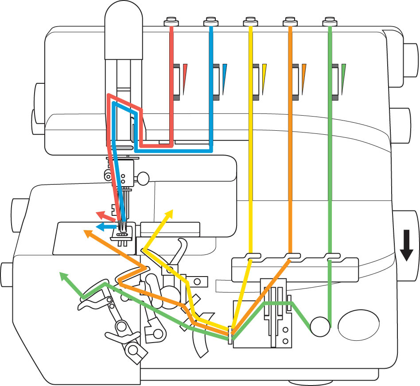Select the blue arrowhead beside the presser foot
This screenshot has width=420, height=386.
point(100,226)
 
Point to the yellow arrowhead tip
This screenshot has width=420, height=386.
point(170,213)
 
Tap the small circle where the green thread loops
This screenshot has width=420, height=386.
point(320,327)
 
